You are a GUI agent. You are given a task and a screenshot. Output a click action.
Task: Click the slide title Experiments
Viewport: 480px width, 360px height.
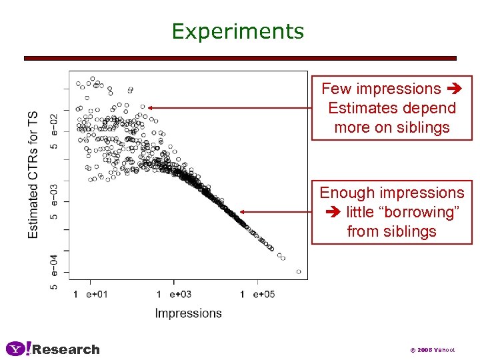coord(237,31)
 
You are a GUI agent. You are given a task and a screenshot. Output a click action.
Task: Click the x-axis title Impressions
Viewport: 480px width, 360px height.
coord(188,313)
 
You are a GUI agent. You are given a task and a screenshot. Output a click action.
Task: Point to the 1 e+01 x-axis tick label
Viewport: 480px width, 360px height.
coord(90,294)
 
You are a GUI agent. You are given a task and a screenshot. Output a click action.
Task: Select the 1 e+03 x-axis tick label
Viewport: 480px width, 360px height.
coord(173,294)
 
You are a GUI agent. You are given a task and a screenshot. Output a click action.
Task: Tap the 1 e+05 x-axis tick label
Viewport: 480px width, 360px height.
coord(257,294)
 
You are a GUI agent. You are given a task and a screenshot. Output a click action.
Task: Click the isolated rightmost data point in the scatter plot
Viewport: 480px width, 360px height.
coord(299,271)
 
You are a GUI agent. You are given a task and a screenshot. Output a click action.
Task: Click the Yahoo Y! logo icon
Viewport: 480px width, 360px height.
coord(19,349)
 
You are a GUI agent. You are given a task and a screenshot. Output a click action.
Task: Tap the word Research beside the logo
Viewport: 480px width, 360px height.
coord(67,349)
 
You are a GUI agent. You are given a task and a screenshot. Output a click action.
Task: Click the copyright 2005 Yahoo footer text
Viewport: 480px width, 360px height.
coord(432,350)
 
